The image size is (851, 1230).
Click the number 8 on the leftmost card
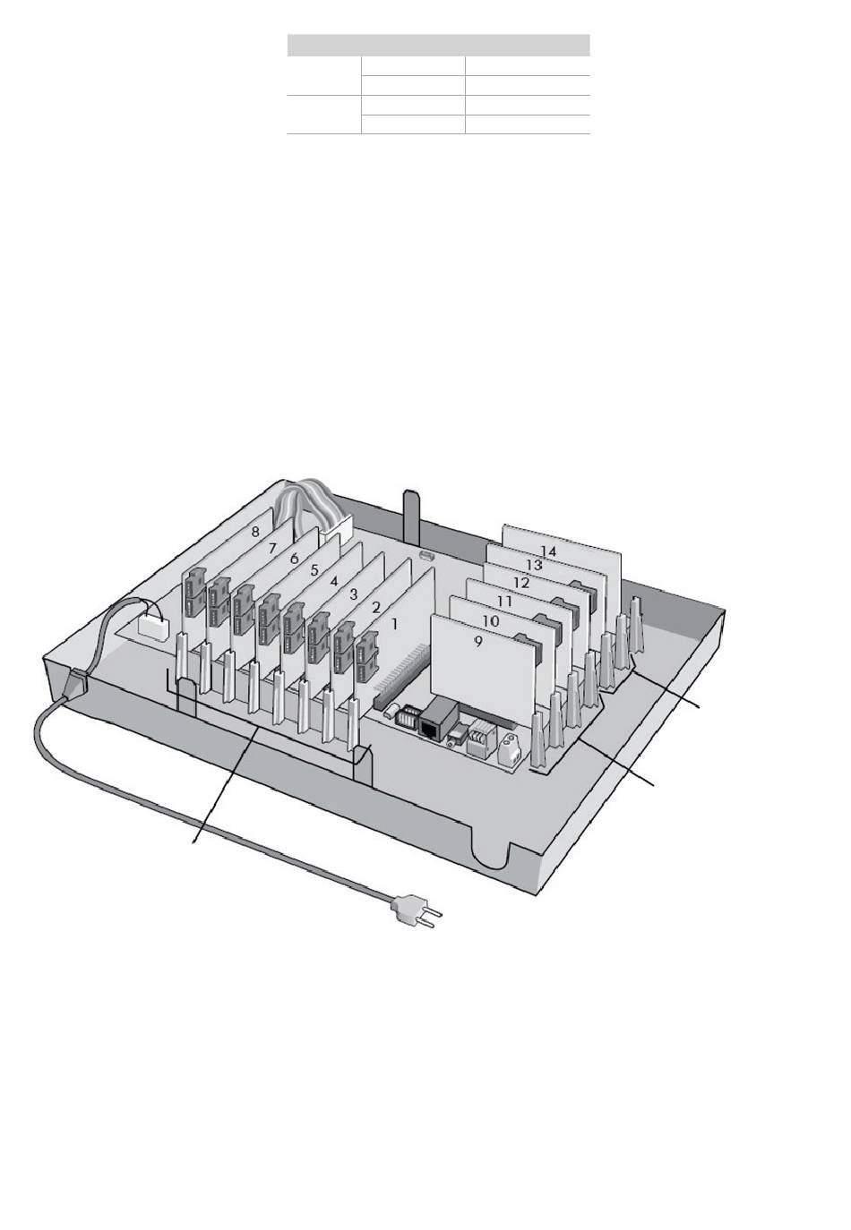[x=255, y=532]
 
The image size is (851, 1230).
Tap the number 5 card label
[x=314, y=570]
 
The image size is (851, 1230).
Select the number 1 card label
[x=394, y=624]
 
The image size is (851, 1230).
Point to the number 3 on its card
[x=354, y=594]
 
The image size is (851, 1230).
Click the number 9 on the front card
[x=478, y=642]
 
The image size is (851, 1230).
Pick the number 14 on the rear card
[x=547, y=551]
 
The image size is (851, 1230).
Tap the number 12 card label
[x=520, y=582]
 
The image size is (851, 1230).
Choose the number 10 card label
[x=491, y=621]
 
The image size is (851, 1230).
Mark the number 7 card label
[x=273, y=548]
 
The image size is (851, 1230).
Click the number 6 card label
[x=295, y=559]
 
